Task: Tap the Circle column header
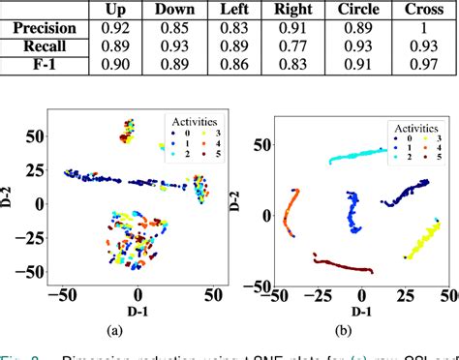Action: pyautogui.click(x=357, y=11)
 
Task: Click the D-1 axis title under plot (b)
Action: pyautogui.click(x=362, y=311)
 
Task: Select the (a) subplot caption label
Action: pyautogui.click(x=115, y=330)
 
